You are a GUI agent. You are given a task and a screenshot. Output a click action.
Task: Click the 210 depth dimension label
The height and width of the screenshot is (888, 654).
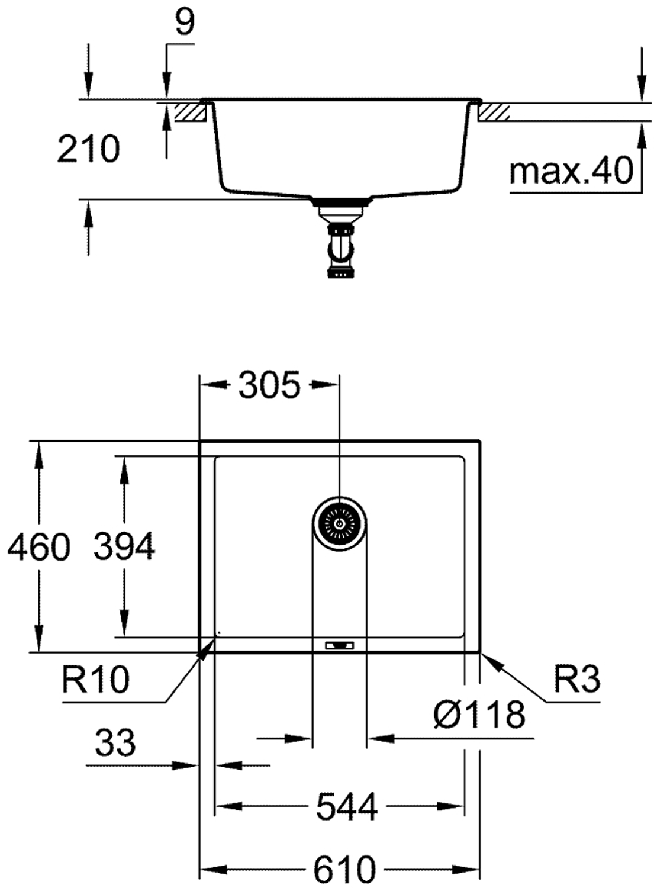tap(88, 149)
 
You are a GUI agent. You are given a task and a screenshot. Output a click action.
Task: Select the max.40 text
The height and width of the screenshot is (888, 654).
tap(571, 171)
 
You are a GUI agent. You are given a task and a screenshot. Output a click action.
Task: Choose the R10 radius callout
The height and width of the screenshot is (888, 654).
tap(95, 680)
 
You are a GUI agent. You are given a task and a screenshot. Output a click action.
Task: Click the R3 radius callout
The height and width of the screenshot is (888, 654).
tap(577, 679)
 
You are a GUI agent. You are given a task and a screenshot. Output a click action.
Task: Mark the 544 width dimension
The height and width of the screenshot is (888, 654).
tap(347, 806)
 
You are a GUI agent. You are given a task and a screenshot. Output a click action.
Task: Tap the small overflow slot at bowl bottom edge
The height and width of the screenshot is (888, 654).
tap(339, 645)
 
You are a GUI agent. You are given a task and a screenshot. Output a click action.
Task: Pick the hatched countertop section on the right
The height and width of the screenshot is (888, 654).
tap(495, 111)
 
